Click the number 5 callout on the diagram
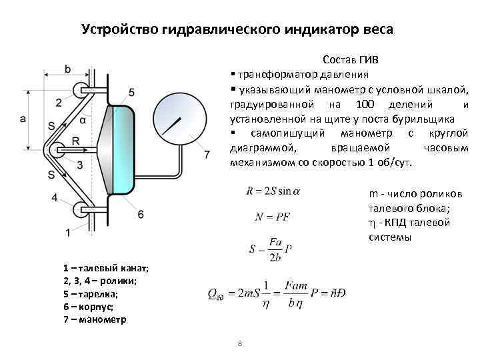click(x=131, y=91)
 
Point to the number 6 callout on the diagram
click(x=140, y=213)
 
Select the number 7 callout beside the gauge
click(x=207, y=155)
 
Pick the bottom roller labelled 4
click(x=82, y=207)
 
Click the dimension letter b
click(x=68, y=68)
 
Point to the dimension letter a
click(x=23, y=119)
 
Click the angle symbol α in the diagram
click(x=82, y=121)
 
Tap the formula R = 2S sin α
click(x=273, y=191)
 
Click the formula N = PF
click(x=273, y=217)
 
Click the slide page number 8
click(x=239, y=343)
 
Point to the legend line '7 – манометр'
click(x=93, y=319)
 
